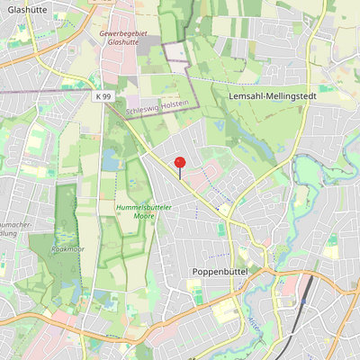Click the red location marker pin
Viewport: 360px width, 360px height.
pyautogui.click(x=180, y=164)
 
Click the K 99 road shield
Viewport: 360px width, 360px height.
pyautogui.click(x=104, y=95)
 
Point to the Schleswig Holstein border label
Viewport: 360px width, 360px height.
pyautogui.click(x=158, y=106)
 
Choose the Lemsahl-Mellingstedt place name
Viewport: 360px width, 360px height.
pyautogui.click(x=267, y=94)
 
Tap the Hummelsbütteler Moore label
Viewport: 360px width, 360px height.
pyautogui.click(x=144, y=212)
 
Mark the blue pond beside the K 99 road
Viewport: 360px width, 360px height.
pyautogui.click(x=112, y=162)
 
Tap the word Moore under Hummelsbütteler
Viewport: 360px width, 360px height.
pyautogui.click(x=144, y=217)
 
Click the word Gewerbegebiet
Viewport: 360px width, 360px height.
pyautogui.click(x=123, y=32)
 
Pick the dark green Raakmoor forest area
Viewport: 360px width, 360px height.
pyautogui.click(x=65, y=216)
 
